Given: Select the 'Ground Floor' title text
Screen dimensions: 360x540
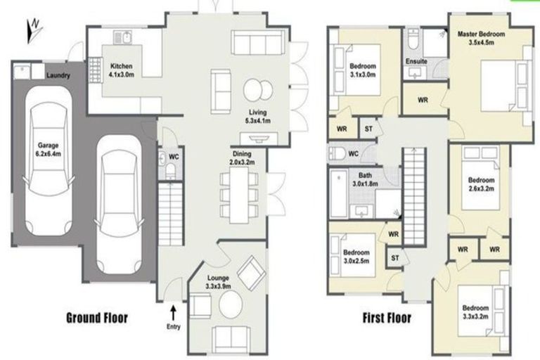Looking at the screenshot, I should click(97, 318).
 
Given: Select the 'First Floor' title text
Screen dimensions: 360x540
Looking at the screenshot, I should click(387, 318).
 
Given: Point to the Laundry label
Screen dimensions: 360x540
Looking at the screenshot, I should click(58, 75).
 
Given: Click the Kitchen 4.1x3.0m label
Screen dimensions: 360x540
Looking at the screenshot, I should click(126, 70).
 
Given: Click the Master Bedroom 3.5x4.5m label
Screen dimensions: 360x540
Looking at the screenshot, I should click(482, 37).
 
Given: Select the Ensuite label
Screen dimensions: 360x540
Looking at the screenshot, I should click(416, 61).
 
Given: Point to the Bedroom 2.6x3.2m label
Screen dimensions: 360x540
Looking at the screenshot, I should click(481, 184).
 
